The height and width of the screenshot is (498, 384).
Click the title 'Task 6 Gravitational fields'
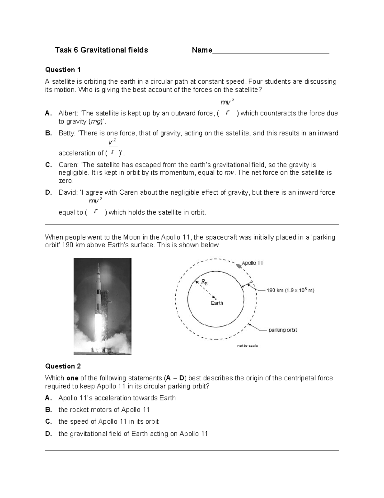pyautogui.click(x=101, y=50)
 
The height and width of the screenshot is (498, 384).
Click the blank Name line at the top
pyautogui.click(x=270, y=51)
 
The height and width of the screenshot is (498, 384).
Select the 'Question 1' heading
pyautogui.click(x=63, y=70)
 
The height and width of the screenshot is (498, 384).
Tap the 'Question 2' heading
pyautogui.click(x=63, y=366)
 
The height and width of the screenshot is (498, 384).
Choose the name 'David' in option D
pyautogui.click(x=68, y=192)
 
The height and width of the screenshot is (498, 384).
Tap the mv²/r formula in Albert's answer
pyautogui.click(x=228, y=108)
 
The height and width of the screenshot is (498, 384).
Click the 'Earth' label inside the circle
pyautogui.click(x=217, y=303)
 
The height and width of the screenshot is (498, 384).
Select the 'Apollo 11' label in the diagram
pyautogui.click(x=252, y=263)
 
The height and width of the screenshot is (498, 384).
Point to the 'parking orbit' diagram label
pyautogui.click(x=283, y=330)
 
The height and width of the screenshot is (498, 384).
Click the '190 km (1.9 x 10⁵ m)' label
pyautogui.click(x=290, y=291)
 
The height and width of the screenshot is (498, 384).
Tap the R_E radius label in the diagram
pyautogui.click(x=204, y=282)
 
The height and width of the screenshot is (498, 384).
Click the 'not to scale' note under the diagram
pyautogui.click(x=247, y=346)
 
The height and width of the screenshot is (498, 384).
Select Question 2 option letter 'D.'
pyautogui.click(x=49, y=434)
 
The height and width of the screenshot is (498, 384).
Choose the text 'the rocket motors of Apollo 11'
pyautogui.click(x=104, y=410)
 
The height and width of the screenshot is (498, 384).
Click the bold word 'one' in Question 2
pyautogui.click(x=72, y=378)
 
